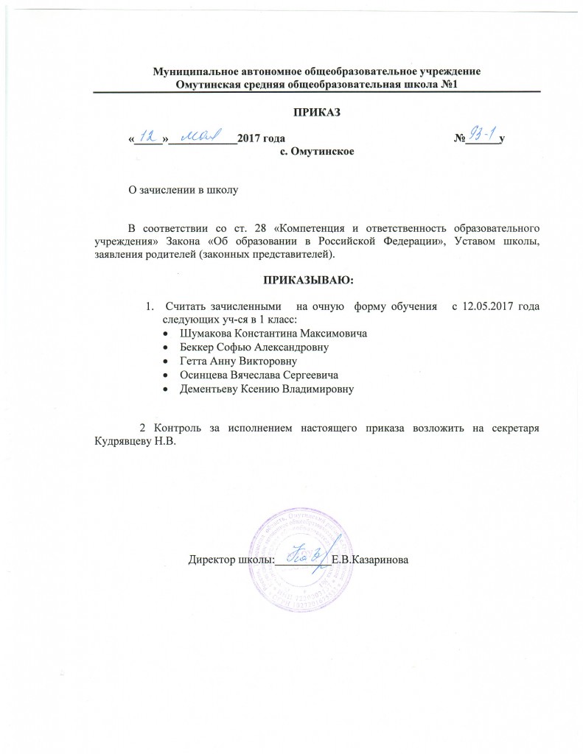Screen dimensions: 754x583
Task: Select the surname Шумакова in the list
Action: coord(204,333)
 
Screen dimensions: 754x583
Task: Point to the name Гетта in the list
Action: coord(194,361)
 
